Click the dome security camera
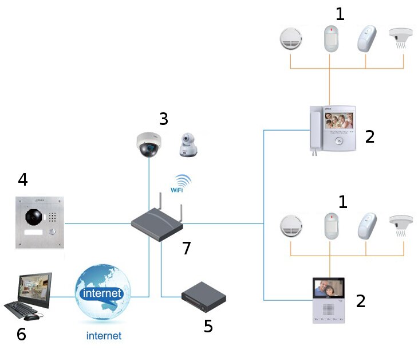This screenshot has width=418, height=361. pos(149,144)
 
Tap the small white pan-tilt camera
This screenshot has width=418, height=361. pos(188,144)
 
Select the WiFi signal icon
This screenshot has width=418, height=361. pos(181,183)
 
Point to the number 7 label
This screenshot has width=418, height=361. pos(187,248)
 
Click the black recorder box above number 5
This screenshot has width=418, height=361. pos(204,297)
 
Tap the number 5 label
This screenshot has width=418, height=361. pos(208,326)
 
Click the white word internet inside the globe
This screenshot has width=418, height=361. pos(102,293)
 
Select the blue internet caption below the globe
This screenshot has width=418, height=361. pos(104,335)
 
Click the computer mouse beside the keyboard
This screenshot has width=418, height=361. pos(31,317)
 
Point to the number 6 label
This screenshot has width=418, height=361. pos(21,334)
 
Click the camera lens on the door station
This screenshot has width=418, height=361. pos(34,217)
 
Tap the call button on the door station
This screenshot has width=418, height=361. pos(53,232)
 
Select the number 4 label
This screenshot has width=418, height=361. pos(23,179)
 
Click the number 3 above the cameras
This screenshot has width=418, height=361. pos(164,119)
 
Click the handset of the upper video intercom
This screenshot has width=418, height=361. pos(316,131)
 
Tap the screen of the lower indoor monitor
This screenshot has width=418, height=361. pos(329,288)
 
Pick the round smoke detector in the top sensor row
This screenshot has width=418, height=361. pos(291,38)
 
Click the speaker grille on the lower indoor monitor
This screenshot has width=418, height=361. pos(329,309)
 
